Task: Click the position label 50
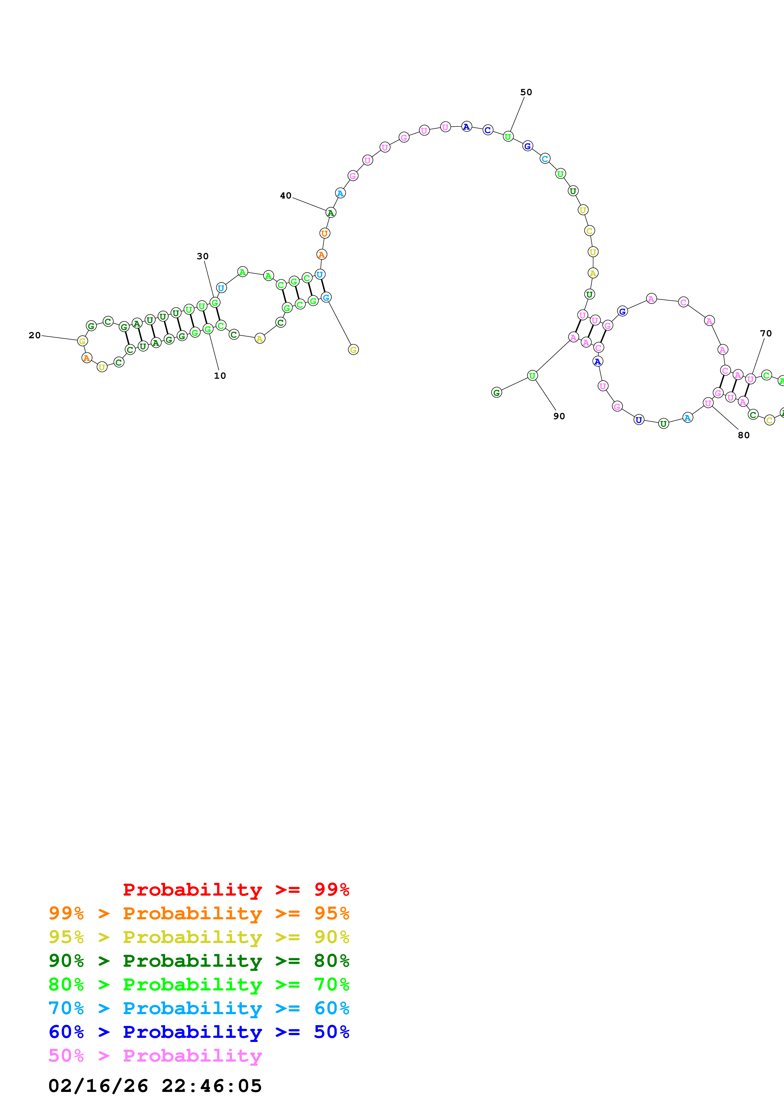click(x=526, y=92)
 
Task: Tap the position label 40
click(x=286, y=196)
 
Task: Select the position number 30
click(x=202, y=256)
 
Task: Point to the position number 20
click(x=34, y=335)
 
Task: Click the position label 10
click(x=220, y=376)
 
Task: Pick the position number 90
click(x=559, y=416)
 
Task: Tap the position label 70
click(x=766, y=333)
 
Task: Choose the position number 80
click(x=744, y=435)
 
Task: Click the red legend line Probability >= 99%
click(x=236, y=890)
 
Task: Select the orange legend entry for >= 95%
click(x=199, y=913)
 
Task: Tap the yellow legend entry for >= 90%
click(x=199, y=937)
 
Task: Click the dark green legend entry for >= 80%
click(x=199, y=961)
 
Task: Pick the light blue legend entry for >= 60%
click(x=199, y=1008)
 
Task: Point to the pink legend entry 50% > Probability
click(x=155, y=1055)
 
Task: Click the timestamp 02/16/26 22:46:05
click(x=155, y=1086)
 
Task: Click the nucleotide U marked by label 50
click(x=508, y=137)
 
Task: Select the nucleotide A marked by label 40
click(x=330, y=212)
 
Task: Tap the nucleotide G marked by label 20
click(x=83, y=341)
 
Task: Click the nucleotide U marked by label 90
click(x=532, y=375)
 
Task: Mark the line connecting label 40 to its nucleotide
click(x=309, y=204)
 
